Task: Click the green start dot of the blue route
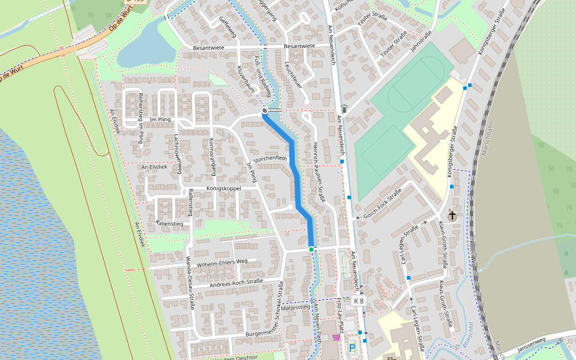[311, 249]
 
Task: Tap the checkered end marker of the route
[264, 111]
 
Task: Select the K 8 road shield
[359, 301]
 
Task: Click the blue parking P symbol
[352, 347]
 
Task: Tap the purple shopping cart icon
[335, 337]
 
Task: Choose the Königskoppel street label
[223, 188]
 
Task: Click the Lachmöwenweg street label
[177, 154]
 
